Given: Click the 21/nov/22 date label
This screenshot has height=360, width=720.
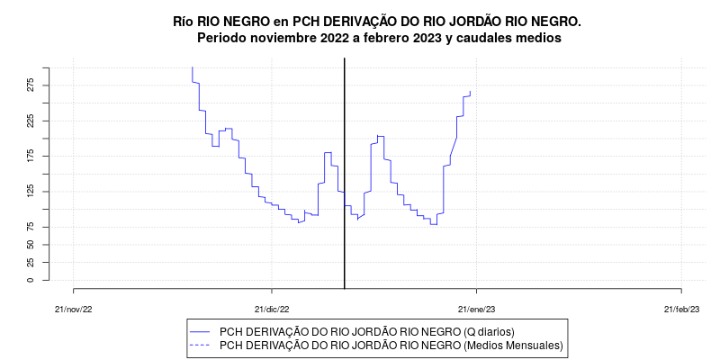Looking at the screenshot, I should (x=74, y=309).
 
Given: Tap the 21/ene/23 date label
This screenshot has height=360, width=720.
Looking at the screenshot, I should (x=476, y=309).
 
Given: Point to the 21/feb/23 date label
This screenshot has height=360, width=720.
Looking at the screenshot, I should (x=681, y=309).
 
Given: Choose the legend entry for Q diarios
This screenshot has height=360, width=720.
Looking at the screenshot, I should (x=366, y=332).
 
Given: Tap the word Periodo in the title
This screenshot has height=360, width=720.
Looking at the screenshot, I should (x=223, y=38).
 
